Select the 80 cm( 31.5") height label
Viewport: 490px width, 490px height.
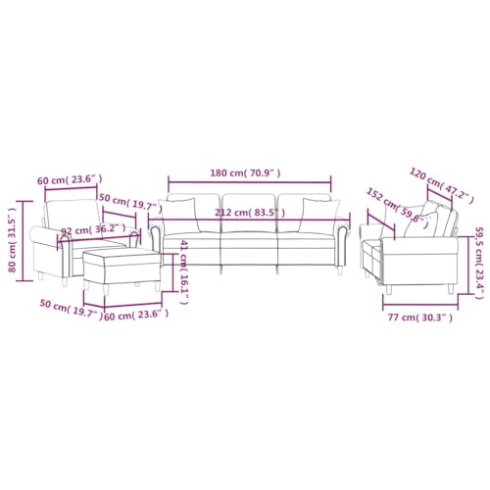click(13, 239)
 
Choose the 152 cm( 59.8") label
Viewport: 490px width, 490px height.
click(398, 209)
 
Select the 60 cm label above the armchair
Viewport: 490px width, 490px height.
click(71, 179)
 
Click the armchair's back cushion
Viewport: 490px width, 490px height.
click(71, 213)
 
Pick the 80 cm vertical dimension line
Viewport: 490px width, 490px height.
click(25, 238)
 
